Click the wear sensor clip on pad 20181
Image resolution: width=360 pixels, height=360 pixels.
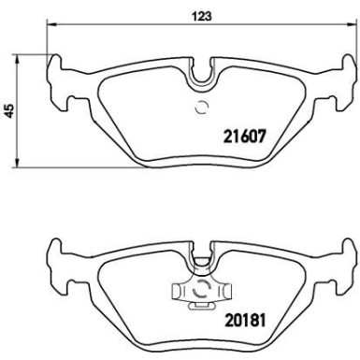[x=197, y=293]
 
